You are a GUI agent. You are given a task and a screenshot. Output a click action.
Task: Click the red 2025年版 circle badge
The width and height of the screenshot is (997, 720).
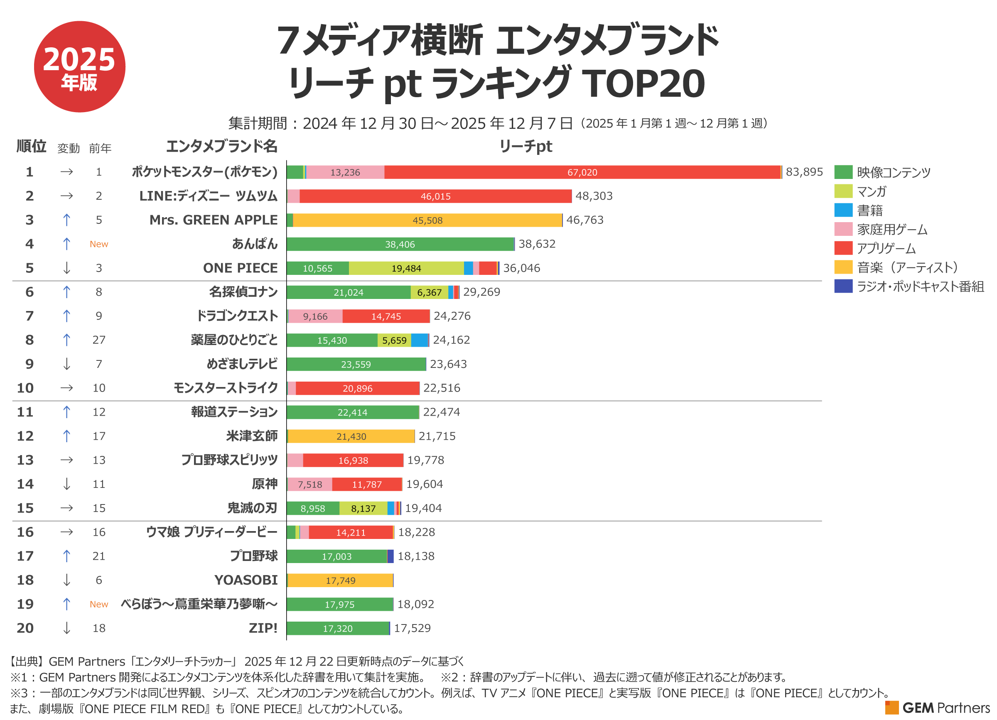click(80, 67)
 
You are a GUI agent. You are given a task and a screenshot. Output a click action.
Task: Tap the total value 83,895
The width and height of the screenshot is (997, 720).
click(803, 172)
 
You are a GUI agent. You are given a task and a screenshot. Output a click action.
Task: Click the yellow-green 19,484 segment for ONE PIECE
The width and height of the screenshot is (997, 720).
click(406, 268)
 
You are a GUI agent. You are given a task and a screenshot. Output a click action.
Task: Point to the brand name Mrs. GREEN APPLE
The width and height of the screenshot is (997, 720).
click(213, 220)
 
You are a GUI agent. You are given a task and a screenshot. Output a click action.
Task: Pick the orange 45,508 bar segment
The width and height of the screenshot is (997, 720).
click(427, 220)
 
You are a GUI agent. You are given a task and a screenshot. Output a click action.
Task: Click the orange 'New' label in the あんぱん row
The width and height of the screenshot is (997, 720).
click(99, 244)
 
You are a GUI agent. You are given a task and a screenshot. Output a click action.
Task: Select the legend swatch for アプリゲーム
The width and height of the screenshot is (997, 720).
click(843, 248)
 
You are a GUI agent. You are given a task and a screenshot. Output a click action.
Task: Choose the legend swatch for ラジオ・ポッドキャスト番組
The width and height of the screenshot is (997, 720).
click(843, 287)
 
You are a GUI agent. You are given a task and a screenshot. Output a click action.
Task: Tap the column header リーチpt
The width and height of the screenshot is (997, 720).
click(526, 146)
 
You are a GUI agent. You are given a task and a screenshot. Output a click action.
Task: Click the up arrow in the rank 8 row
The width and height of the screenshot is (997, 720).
click(66, 340)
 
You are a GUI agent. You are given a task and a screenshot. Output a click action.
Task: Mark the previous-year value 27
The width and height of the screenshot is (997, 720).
click(99, 340)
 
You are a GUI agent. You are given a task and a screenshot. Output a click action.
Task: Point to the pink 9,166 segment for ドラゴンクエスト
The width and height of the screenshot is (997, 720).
click(315, 316)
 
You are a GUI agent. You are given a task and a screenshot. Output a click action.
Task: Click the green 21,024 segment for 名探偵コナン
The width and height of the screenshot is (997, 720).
click(348, 293)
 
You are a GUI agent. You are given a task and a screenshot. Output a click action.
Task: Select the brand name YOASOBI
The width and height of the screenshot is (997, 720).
click(246, 580)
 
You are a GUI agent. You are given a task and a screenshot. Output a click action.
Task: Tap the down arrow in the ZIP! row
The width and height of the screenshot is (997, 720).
click(66, 628)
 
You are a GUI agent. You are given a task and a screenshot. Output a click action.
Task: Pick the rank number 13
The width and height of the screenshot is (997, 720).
click(25, 460)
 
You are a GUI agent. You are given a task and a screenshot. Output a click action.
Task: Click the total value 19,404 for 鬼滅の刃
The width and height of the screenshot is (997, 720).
click(423, 508)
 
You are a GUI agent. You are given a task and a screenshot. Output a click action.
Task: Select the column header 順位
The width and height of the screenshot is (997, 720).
click(31, 146)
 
